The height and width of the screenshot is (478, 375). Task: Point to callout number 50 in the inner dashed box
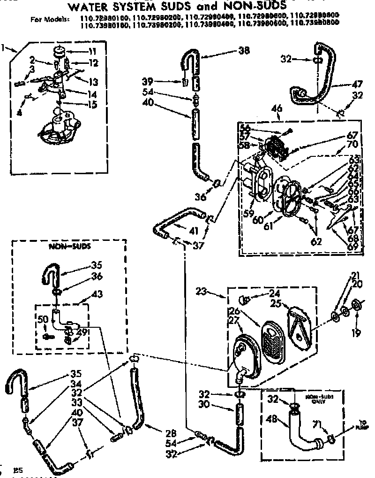(43, 320)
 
